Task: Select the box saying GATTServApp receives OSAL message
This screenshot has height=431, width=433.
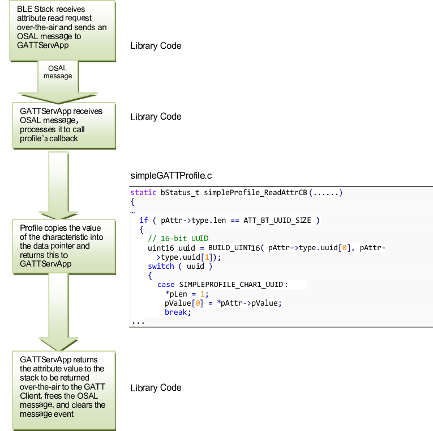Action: coord(61,125)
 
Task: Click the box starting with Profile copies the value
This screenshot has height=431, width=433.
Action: coord(61,246)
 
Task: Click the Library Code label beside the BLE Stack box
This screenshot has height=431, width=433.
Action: coord(156,45)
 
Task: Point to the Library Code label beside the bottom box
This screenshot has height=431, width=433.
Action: coord(156,388)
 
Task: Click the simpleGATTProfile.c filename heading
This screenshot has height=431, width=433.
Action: coord(171,176)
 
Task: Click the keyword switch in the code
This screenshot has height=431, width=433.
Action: coord(161,267)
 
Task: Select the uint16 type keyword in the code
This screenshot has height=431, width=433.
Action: coord(160,248)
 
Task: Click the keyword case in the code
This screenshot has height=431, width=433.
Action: coord(166,285)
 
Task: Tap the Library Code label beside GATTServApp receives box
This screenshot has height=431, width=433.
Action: coord(156,117)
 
